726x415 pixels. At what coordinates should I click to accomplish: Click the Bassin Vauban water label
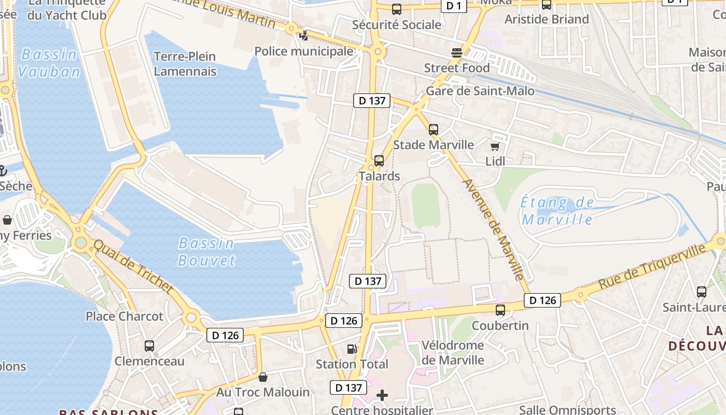(49, 63)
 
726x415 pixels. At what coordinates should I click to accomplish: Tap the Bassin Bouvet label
(206, 252)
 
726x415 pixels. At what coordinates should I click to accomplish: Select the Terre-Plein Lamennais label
(185, 64)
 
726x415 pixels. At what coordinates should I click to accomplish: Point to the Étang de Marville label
(557, 211)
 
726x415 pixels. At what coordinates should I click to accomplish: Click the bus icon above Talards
(379, 161)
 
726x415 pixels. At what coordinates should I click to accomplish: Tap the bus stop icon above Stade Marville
(434, 130)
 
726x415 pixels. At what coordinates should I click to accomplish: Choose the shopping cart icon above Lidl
(495, 147)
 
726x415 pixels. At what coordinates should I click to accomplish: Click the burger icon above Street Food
(457, 53)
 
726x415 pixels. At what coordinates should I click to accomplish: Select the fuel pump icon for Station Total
(352, 349)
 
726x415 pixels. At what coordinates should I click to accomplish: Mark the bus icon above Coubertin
(500, 310)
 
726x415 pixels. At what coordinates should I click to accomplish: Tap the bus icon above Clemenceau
(149, 345)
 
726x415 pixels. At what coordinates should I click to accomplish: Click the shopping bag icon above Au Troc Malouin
(263, 377)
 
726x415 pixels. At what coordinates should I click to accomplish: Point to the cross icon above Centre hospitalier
(382, 396)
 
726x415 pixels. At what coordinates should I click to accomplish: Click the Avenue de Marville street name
(493, 229)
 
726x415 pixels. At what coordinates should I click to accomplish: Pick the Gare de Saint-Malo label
(480, 91)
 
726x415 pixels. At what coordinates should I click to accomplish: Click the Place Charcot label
(124, 316)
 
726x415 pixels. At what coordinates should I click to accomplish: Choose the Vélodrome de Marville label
(453, 352)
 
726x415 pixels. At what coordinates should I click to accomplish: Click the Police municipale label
(304, 51)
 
